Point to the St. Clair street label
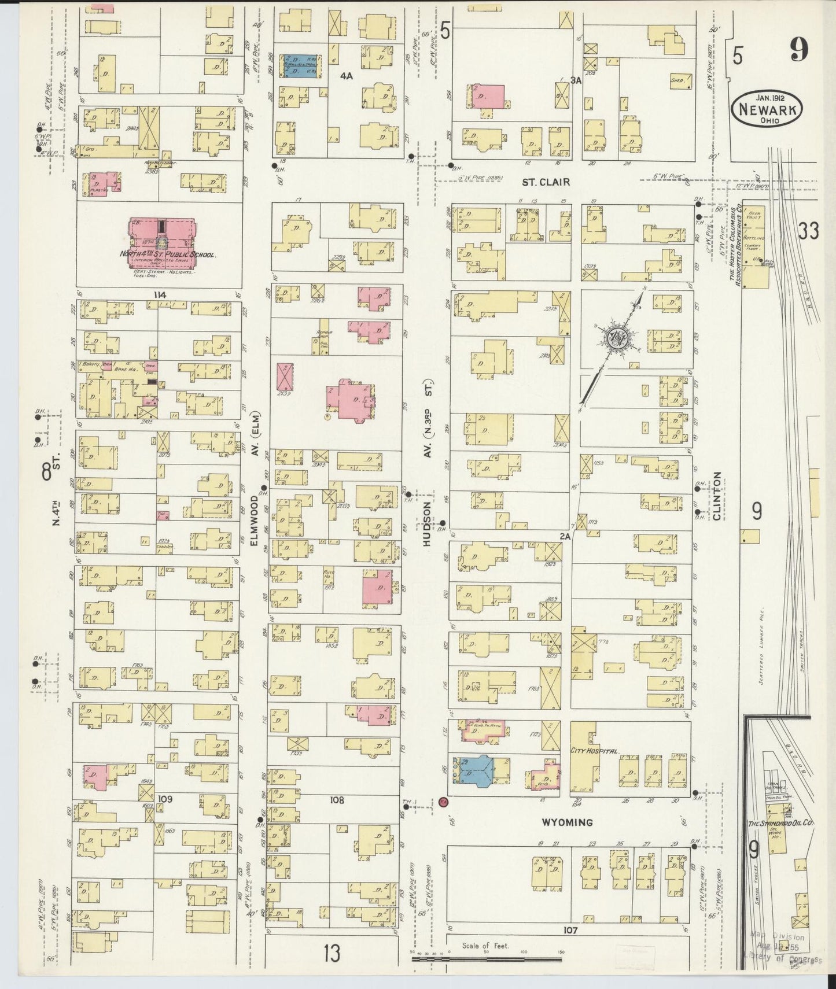[x=546, y=182]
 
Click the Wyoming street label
[x=568, y=822]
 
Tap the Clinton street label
[x=717, y=496]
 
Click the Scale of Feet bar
[x=486, y=959]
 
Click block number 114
[x=160, y=294]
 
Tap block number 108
[x=336, y=800]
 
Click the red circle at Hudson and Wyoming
[x=443, y=802]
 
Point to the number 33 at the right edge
[x=808, y=231]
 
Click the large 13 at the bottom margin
[x=332, y=954]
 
